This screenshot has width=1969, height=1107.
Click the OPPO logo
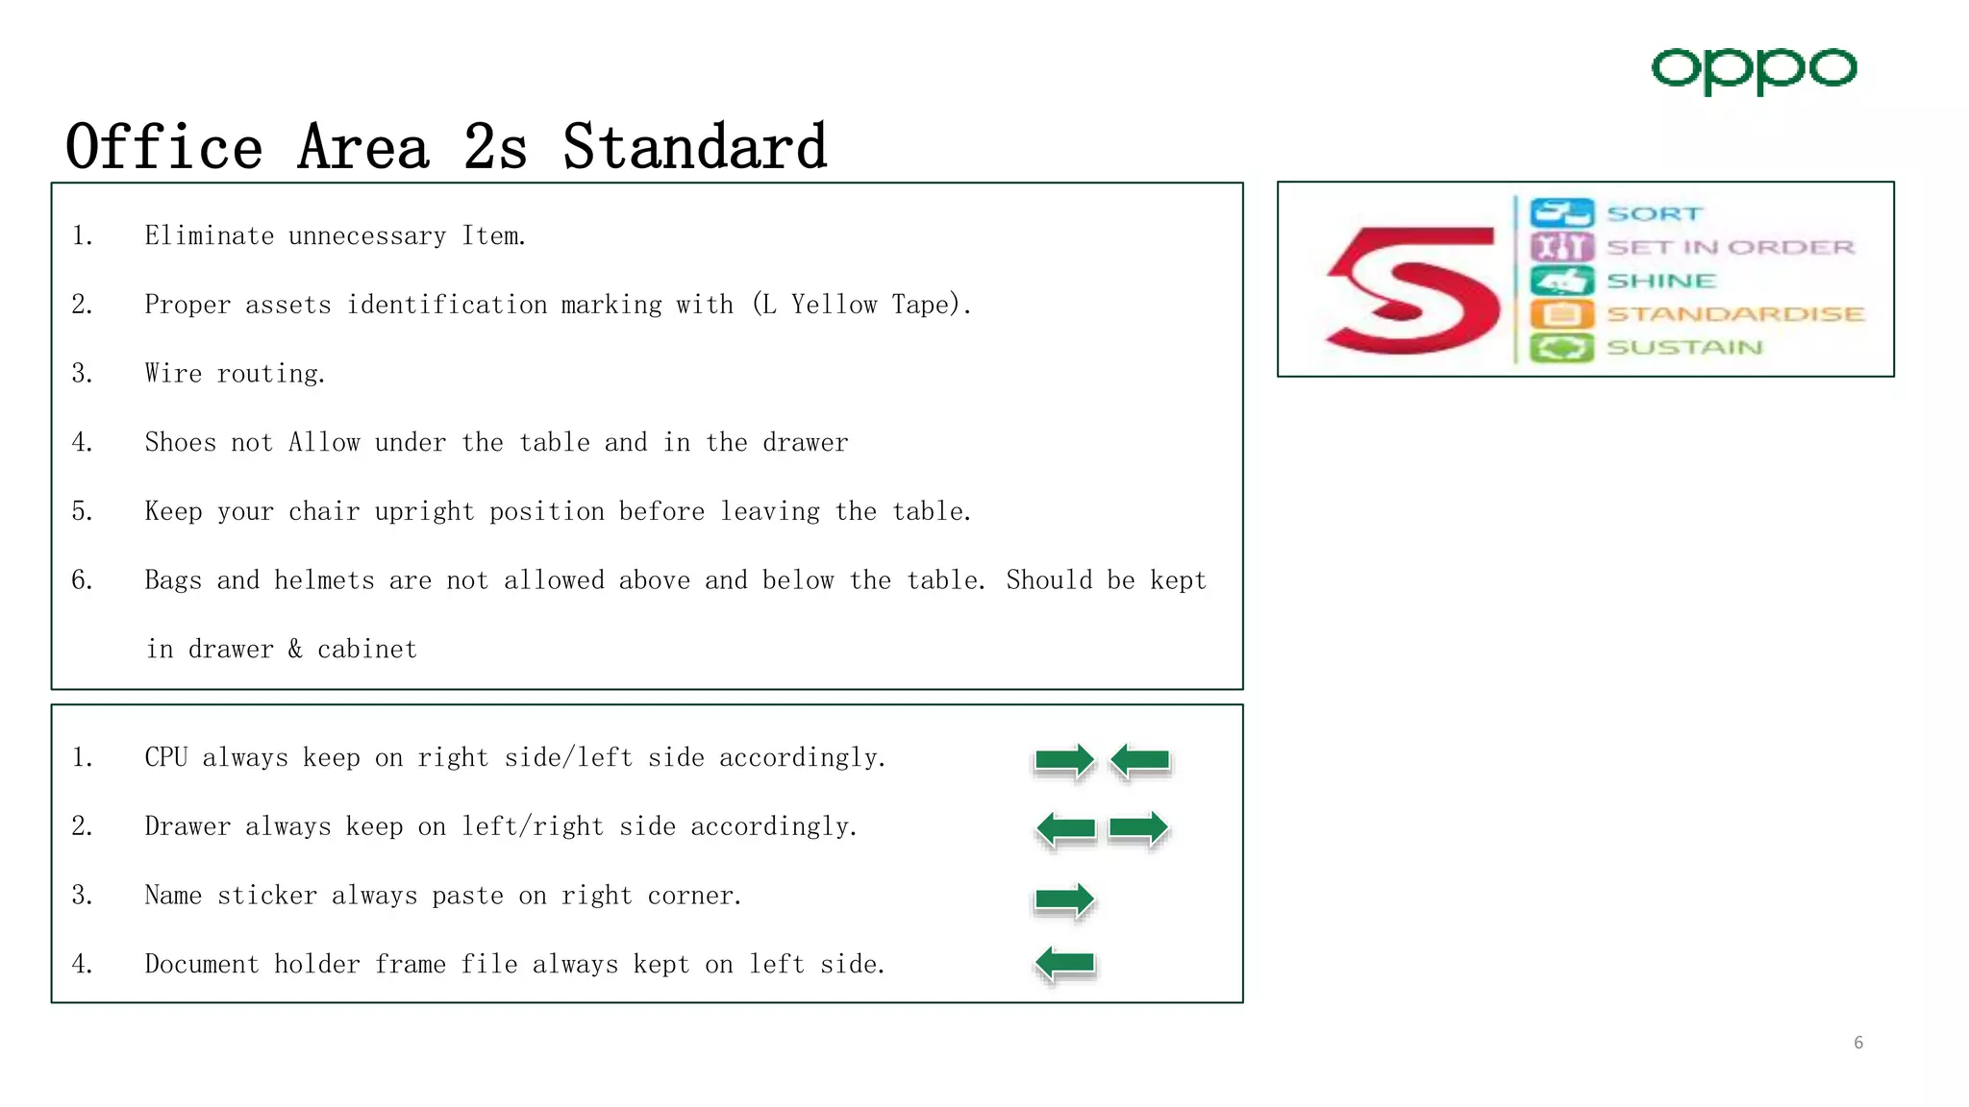1754,70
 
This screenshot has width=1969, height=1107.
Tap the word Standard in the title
694,148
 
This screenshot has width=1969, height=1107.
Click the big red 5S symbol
1411,289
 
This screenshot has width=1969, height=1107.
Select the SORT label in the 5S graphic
1654,213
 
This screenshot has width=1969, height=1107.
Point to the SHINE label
1661,281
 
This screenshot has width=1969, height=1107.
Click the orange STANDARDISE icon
1561,314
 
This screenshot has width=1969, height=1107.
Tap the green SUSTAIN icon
1561,347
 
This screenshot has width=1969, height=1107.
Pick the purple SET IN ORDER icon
1561,247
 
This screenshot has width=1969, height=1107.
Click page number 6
1858,1043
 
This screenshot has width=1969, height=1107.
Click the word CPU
165,758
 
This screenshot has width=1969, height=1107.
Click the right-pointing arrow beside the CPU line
1063,761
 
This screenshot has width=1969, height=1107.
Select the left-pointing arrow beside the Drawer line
1066,829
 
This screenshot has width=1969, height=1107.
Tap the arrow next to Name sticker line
1063,899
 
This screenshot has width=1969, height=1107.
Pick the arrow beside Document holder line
1066,963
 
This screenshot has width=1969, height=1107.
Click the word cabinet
367,650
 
